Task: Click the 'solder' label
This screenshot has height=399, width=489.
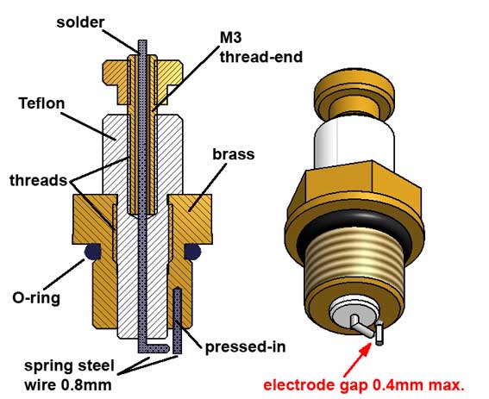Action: point(80,22)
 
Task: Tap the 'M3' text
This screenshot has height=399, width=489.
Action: point(231,38)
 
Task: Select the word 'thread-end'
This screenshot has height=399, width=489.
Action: point(261,57)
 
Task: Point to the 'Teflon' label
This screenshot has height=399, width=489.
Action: point(41,103)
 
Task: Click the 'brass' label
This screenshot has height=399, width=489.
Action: point(233,154)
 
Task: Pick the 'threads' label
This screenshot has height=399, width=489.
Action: point(38,180)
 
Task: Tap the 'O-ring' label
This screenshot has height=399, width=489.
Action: point(36,298)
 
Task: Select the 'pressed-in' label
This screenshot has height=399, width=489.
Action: point(246,347)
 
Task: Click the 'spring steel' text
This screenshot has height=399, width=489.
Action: point(70,366)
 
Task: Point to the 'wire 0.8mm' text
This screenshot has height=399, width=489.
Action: point(68,385)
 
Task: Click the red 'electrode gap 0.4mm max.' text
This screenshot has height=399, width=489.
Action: point(364,385)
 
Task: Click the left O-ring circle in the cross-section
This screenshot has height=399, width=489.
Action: point(92,252)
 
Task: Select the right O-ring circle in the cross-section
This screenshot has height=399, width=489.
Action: point(192,252)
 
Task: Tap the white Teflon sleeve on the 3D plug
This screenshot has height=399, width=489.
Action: point(354,143)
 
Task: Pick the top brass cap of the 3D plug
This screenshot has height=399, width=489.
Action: point(354,94)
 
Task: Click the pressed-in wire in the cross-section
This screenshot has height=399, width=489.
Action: point(178,321)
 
